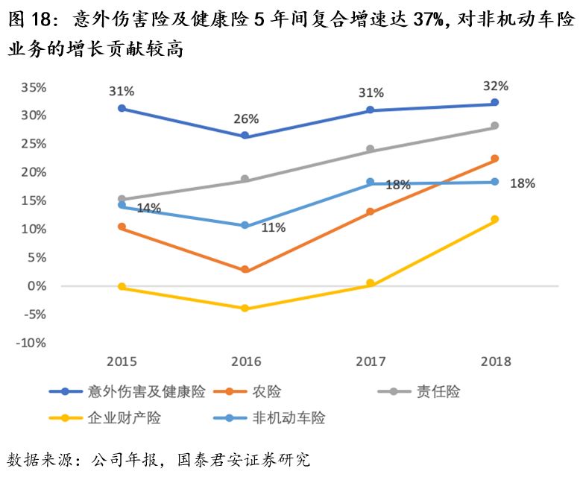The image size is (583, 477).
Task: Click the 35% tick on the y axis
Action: click(x=34, y=86)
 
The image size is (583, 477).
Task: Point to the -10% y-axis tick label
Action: click(x=31, y=343)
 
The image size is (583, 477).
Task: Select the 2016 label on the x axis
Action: click(x=246, y=361)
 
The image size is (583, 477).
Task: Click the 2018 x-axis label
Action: click(x=496, y=361)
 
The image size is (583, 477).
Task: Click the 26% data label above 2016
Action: click(x=246, y=119)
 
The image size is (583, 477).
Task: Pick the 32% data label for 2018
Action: click(x=496, y=85)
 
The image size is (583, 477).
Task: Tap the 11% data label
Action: click(x=273, y=228)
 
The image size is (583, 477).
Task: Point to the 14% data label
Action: click(x=148, y=208)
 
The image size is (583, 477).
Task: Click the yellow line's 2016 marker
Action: click(x=246, y=308)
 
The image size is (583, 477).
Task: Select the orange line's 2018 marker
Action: click(x=495, y=159)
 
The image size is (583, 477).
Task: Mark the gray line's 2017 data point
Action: click(x=371, y=150)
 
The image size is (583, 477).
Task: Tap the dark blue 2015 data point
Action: click(x=122, y=108)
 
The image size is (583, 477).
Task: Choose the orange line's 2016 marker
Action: click(x=246, y=269)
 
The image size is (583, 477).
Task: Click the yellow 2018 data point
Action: click(x=495, y=219)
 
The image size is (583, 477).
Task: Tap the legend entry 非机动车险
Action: click(x=289, y=417)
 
